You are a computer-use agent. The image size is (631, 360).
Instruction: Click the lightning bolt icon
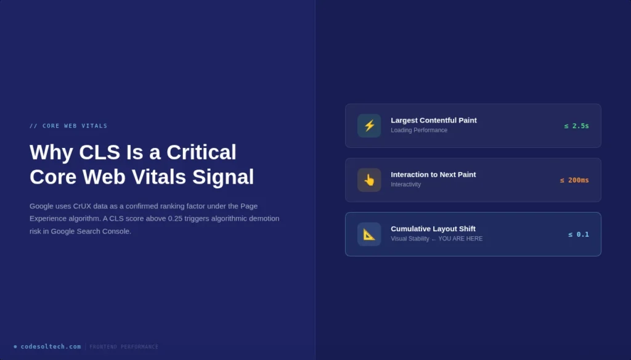click(369, 126)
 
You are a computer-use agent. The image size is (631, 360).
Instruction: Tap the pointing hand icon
click(369, 180)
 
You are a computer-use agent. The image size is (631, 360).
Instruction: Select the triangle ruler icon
click(369, 234)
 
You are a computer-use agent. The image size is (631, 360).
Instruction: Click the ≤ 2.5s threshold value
click(576, 126)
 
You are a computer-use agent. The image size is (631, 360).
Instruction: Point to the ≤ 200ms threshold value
click(574, 180)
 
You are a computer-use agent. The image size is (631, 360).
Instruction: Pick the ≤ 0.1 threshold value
click(579, 234)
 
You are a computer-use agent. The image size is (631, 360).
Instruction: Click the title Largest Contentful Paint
click(433, 120)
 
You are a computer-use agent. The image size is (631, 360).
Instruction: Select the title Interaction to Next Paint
click(433, 174)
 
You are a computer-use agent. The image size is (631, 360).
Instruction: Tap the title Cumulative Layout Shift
click(433, 229)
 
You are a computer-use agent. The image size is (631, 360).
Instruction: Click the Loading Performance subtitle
click(419, 130)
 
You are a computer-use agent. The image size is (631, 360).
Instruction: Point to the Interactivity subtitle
click(405, 184)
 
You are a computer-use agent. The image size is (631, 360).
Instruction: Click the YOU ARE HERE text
click(460, 239)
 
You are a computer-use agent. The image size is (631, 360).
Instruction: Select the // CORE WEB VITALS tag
click(68, 126)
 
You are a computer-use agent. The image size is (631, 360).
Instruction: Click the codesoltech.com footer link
click(51, 346)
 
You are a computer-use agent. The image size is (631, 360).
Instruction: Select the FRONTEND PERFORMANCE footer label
click(124, 347)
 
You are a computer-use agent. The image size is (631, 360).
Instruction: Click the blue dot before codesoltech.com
click(15, 346)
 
